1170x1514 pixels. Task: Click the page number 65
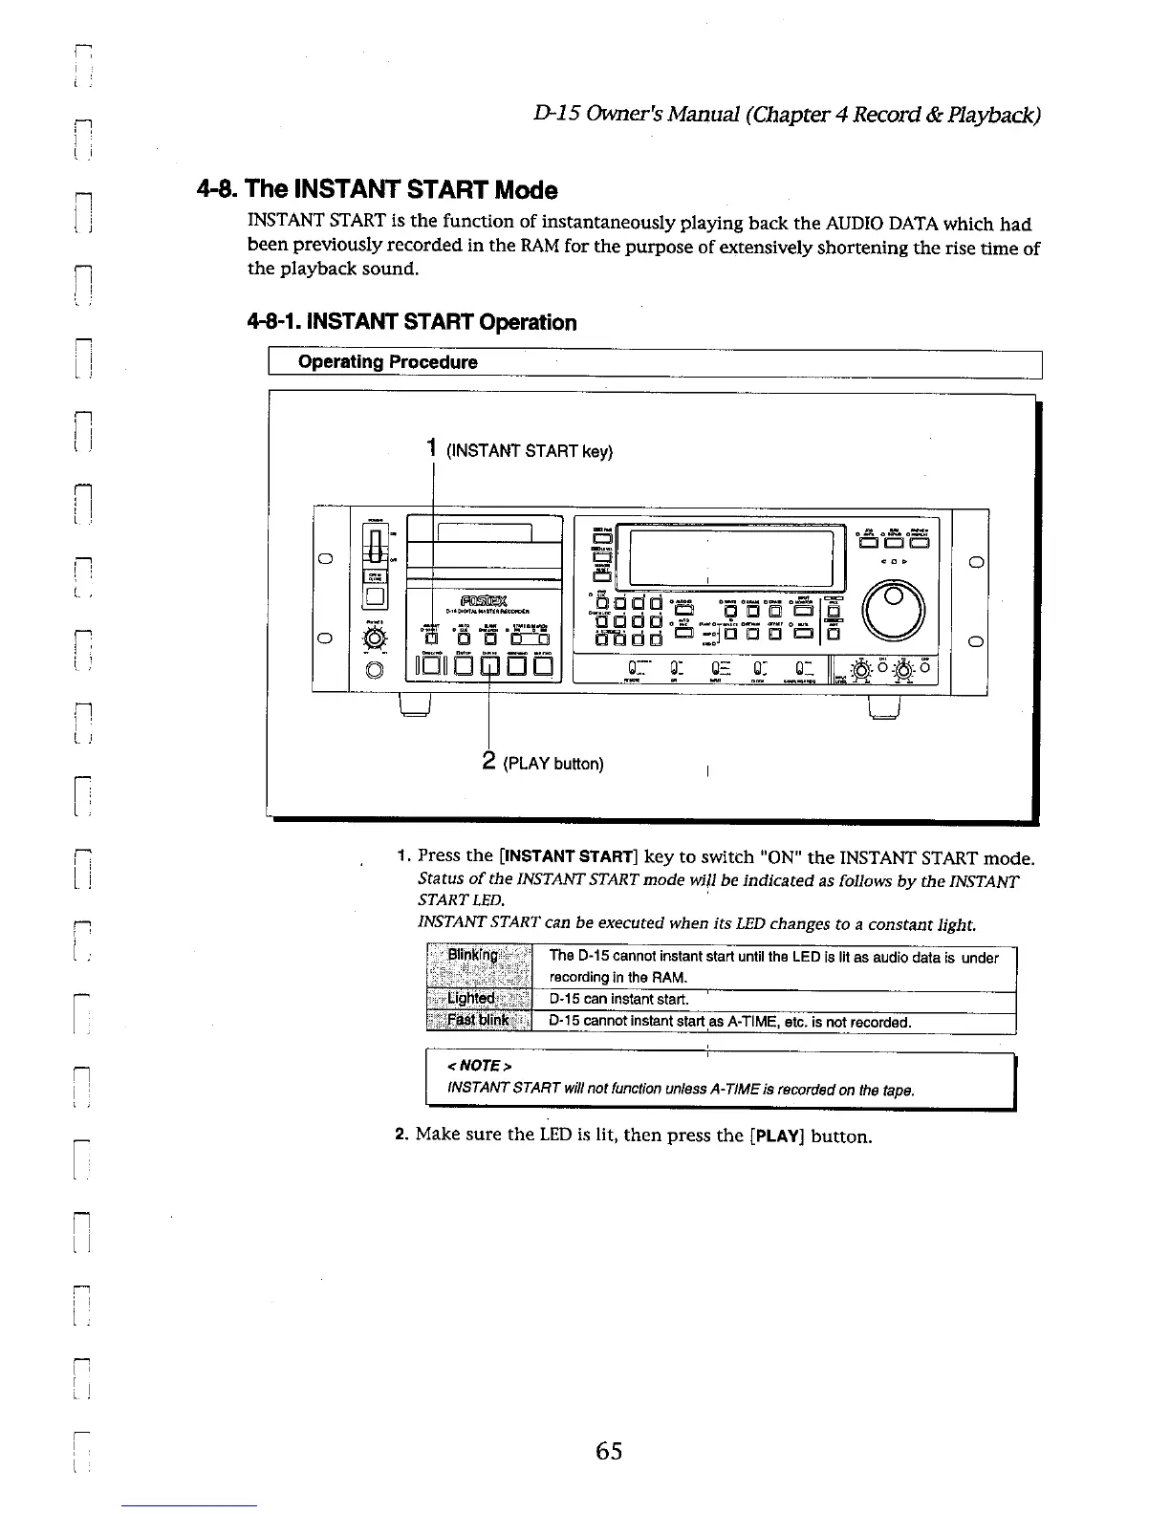point(608,1451)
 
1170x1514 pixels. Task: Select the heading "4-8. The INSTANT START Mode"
point(377,189)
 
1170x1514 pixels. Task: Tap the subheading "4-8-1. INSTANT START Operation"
point(412,322)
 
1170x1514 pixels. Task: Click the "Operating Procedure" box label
point(387,362)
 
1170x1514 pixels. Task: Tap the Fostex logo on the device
point(486,600)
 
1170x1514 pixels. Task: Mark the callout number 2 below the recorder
point(487,761)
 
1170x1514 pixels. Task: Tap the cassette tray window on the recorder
point(484,532)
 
